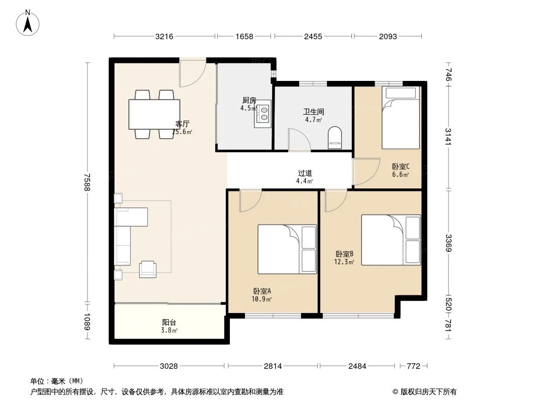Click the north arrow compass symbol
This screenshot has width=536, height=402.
click(29, 23)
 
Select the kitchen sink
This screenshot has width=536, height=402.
click(263, 115)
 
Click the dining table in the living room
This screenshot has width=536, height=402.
click(154, 114)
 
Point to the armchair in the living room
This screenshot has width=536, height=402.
click(148, 269)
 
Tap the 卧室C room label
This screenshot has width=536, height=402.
click(401, 167)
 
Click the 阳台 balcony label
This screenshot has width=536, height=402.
click(169, 323)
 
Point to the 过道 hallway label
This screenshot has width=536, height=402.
click(305, 173)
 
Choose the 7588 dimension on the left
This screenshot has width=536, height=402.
click(88, 182)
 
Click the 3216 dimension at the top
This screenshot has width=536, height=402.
click(164, 36)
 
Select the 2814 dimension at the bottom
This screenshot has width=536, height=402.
click(273, 366)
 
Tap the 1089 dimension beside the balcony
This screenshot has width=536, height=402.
click(88, 322)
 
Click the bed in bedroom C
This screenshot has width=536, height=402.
click(400, 118)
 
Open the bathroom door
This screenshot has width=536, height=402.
click(298, 140)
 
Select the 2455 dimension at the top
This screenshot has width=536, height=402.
click(313, 36)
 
